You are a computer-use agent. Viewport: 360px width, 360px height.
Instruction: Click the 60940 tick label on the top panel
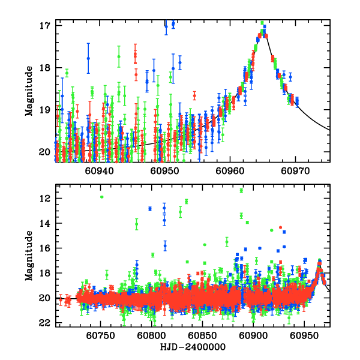click(x=98, y=171)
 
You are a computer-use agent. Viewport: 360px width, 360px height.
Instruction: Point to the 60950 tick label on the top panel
click(x=164, y=171)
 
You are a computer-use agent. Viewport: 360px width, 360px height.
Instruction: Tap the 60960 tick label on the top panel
click(x=230, y=171)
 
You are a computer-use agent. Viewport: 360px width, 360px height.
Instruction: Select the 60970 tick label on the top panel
click(x=295, y=171)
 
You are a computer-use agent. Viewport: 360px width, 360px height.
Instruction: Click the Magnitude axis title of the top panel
click(x=29, y=91)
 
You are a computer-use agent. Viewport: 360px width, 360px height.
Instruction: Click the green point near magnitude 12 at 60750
click(x=102, y=197)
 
